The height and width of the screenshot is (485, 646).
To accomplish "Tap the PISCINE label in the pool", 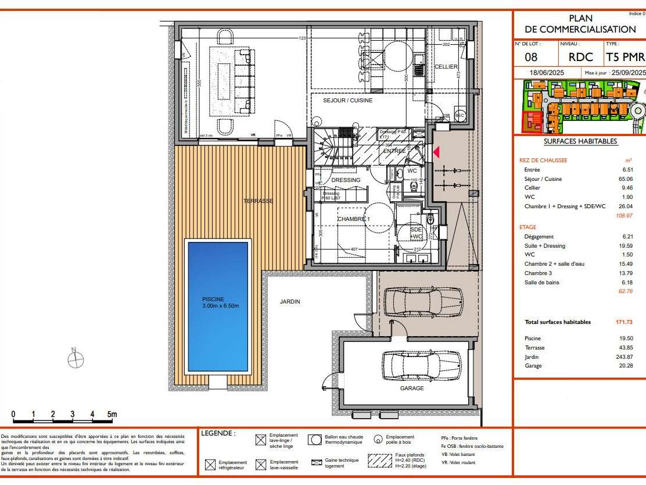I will click(x=213, y=299).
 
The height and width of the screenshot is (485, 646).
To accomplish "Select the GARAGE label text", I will click(x=411, y=388).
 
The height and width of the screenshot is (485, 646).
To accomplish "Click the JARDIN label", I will click(x=290, y=302).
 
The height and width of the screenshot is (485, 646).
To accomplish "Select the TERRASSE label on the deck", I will click(x=258, y=201).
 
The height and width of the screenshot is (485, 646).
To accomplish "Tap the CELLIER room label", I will click(x=446, y=67).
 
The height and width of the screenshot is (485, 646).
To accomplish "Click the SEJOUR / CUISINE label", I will click(x=348, y=101).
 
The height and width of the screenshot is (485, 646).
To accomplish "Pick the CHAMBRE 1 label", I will click(x=354, y=219).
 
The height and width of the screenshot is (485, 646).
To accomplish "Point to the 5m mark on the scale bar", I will click(x=112, y=415).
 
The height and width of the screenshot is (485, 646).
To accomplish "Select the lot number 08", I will click(x=531, y=57).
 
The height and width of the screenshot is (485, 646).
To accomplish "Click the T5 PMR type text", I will click(x=625, y=57).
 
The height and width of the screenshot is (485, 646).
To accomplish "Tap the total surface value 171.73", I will click(x=623, y=322).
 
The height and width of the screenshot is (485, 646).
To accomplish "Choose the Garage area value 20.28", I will click(x=625, y=366).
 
